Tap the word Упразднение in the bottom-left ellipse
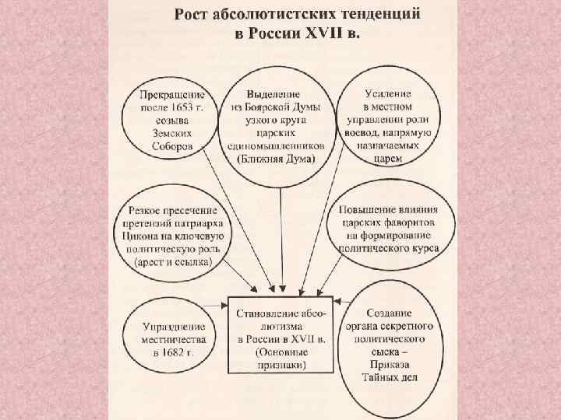[171, 326]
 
